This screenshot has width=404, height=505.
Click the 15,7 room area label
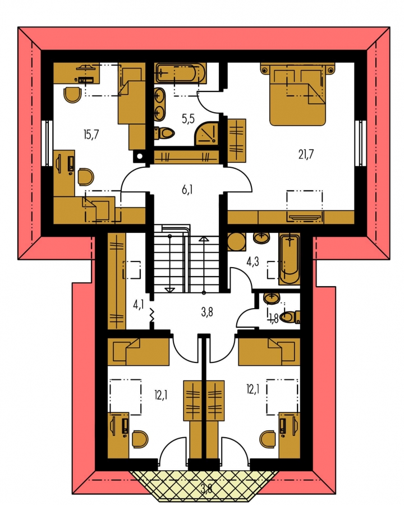pyautogui.click(x=91, y=135)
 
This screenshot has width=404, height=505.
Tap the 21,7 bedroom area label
pyautogui.click(x=306, y=155)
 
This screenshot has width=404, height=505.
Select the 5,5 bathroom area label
pyautogui.click(x=188, y=119)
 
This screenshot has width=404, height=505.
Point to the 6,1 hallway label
pyautogui.click(x=187, y=190)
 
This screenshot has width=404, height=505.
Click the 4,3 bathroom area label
pyautogui.click(x=252, y=262)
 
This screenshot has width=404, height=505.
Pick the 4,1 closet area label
pyautogui.click(x=138, y=304)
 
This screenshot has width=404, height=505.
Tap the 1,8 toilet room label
pyautogui.click(x=273, y=319)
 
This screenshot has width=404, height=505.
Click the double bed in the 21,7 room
pyautogui.click(x=297, y=94)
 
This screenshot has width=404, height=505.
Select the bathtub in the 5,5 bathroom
pyautogui.click(x=181, y=73)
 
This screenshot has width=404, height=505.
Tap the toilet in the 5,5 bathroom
pyautogui.click(x=164, y=132)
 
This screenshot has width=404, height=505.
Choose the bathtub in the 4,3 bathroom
pyautogui.click(x=290, y=259)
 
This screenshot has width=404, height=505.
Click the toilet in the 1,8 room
pyautogui.click(x=290, y=317)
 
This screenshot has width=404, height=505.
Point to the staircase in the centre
pyautogui.click(x=186, y=259)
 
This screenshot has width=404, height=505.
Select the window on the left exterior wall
pyautogui.click(x=47, y=143)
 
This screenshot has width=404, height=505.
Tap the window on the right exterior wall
pyautogui.click(x=360, y=143)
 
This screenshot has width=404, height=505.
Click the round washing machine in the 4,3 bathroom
pyautogui.click(x=237, y=242)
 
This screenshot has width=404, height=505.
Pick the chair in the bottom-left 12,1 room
pyautogui.click(x=140, y=439)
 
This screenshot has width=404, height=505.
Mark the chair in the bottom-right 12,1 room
pyautogui.click(x=268, y=439)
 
